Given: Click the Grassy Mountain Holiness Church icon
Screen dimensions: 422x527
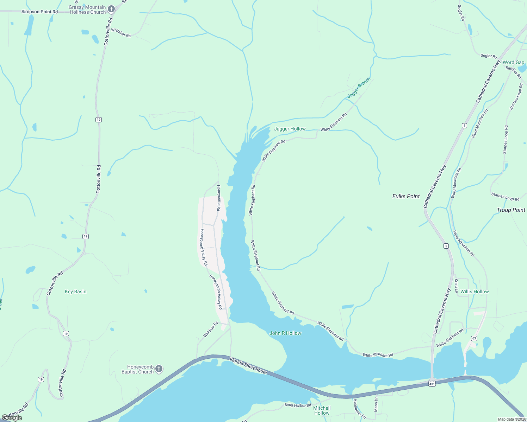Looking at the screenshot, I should pyautogui.click(x=111, y=9).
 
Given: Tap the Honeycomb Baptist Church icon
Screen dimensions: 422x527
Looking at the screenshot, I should pyautogui.click(x=159, y=369).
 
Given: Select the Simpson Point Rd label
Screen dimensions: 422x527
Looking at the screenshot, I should pyautogui.click(x=39, y=12).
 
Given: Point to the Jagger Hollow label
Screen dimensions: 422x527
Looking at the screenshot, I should pyautogui.click(x=290, y=129).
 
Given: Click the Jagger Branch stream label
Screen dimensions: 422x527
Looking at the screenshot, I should pyautogui.click(x=359, y=88).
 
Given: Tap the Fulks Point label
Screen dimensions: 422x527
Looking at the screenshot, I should pyautogui.click(x=406, y=196).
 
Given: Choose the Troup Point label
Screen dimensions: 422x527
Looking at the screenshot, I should pyautogui.click(x=511, y=210).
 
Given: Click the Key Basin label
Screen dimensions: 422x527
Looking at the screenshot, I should pyautogui.click(x=75, y=292).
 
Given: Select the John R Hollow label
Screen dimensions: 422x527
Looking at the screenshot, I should pyautogui.click(x=285, y=333).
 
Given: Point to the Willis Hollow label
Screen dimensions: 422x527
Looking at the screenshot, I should pyautogui.click(x=475, y=292).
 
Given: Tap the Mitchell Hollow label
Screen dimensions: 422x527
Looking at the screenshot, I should pyautogui.click(x=322, y=410).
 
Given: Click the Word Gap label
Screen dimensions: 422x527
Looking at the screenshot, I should pyautogui.click(x=513, y=62).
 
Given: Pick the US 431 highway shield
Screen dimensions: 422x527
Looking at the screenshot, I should pyautogui.click(x=432, y=384).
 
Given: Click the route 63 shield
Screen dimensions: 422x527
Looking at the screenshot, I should pyautogui.click(x=474, y=338).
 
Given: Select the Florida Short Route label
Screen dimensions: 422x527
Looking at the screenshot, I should pyautogui.click(x=248, y=366).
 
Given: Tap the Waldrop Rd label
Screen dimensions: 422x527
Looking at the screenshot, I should pyautogui.click(x=211, y=330).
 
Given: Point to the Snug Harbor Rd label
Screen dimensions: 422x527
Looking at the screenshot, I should pyautogui.click(x=298, y=405).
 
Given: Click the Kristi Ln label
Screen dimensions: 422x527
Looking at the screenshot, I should pyautogui.click(x=456, y=286).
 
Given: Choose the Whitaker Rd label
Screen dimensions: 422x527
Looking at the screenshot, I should pyautogui.click(x=121, y=33).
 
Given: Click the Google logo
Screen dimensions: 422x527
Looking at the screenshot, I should pyautogui.click(x=12, y=418).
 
